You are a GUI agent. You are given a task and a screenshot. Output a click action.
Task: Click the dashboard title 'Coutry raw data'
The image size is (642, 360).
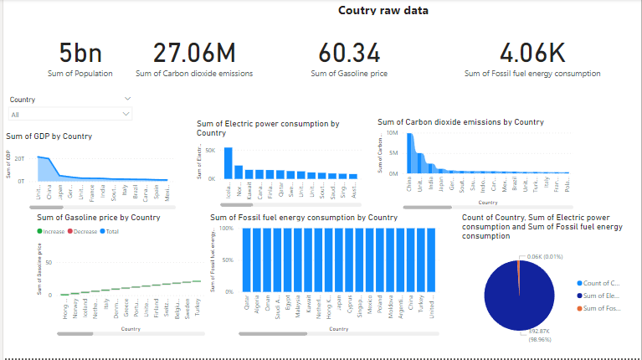tap(383, 11)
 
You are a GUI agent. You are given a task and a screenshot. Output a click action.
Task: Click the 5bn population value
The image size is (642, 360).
tap(80, 54)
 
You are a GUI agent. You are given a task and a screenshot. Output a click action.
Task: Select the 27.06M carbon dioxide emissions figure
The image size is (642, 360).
tap(195, 54)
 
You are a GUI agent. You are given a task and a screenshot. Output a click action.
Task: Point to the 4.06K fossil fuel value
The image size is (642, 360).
tap(532, 54)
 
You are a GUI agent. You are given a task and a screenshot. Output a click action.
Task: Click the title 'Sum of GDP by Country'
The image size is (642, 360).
tap(49, 136)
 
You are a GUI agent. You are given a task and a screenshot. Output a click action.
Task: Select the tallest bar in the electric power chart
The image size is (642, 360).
tap(228, 162)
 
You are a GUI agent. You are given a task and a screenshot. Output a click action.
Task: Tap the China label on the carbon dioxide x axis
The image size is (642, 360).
tap(409, 184)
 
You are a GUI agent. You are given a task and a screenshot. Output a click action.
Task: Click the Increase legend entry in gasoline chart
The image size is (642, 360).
tap(54, 230)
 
